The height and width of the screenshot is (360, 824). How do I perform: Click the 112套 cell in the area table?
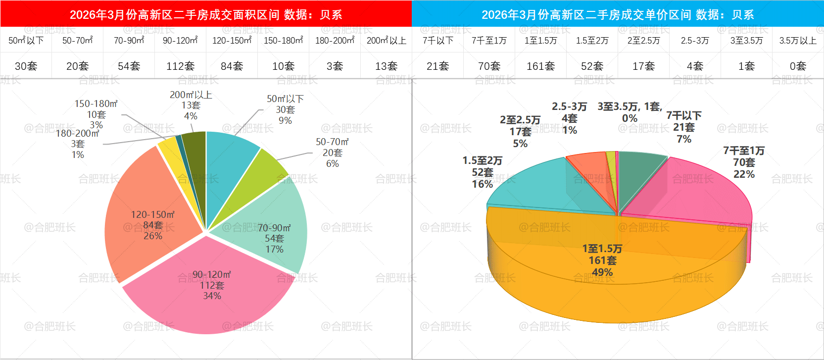point(180,66)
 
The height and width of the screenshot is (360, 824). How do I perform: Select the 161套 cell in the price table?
point(540,66)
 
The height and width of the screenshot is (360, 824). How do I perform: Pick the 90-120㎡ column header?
point(180,40)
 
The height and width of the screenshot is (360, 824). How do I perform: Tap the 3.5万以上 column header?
point(798,40)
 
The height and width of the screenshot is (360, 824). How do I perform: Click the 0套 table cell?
point(798,66)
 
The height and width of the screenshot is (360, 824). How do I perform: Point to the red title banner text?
point(206,14)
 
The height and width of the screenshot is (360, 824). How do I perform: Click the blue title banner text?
point(618,14)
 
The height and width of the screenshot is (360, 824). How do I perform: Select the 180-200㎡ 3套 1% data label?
point(78,144)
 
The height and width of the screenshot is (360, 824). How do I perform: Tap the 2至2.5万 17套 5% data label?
point(520,132)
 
